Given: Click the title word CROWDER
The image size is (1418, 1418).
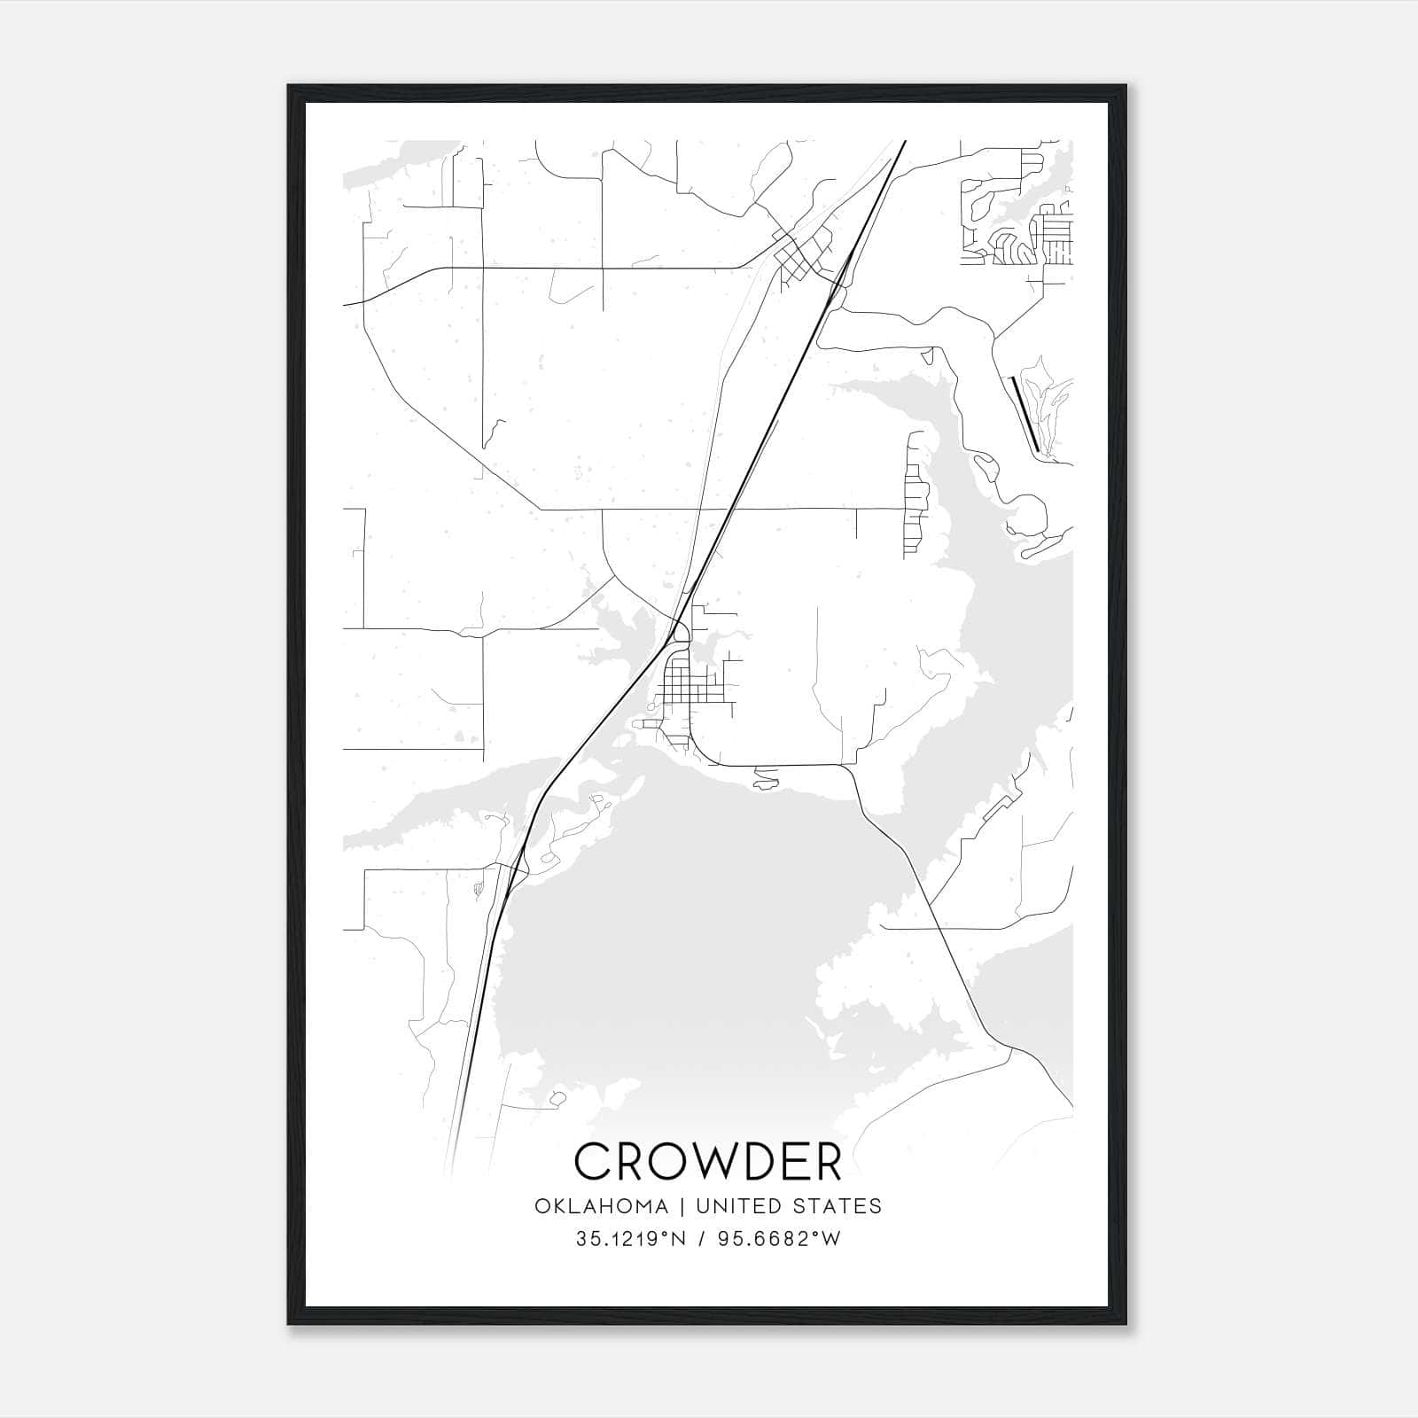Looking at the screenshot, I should [708, 1161].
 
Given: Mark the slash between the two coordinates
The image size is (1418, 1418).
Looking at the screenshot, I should [701, 1239].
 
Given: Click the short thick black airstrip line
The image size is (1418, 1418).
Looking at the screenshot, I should [1025, 414].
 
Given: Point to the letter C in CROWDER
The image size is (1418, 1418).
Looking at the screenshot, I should [593, 1161].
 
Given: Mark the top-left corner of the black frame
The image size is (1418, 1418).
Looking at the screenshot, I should [289, 86].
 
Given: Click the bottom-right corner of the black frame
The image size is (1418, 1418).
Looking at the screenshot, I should [1126, 1323].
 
